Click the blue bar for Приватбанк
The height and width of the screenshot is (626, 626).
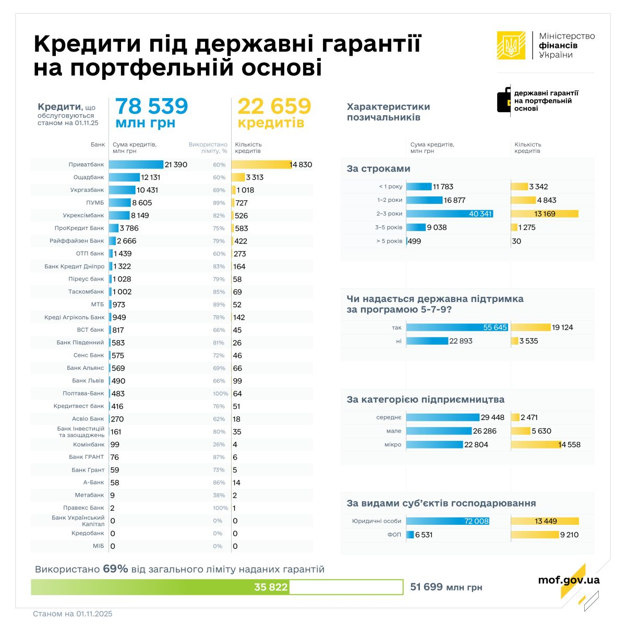[136, 164]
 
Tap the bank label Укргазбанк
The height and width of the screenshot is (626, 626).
[87, 190]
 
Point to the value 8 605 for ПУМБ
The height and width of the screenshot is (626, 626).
[142, 203]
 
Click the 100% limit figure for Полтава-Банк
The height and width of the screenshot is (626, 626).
[220, 394]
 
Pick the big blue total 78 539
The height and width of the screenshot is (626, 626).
[151, 106]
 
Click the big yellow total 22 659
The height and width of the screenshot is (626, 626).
[274, 106]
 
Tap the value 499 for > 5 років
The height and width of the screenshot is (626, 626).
[415, 241]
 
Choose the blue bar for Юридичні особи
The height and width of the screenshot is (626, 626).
[448, 521]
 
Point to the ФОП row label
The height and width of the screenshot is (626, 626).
[394, 535]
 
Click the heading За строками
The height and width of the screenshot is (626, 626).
[378, 169]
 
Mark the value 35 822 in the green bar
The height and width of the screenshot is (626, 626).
[271, 587]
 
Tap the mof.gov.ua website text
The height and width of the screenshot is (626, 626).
[569, 580]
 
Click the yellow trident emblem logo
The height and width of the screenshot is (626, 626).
[511, 45]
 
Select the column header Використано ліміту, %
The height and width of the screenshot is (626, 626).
[208, 148]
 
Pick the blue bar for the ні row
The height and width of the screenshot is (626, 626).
[427, 341]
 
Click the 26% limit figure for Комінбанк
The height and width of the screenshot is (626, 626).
[219, 444]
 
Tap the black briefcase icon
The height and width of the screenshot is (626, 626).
[504, 100]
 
